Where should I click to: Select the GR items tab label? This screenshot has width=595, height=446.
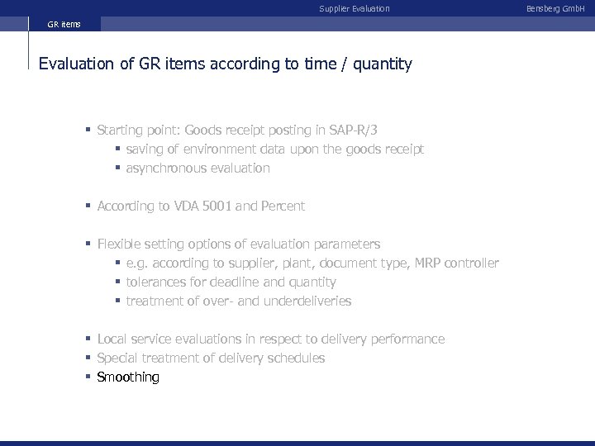point(64,24)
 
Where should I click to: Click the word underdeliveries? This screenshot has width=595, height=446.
point(307,301)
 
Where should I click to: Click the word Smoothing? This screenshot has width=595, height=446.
point(128,377)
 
